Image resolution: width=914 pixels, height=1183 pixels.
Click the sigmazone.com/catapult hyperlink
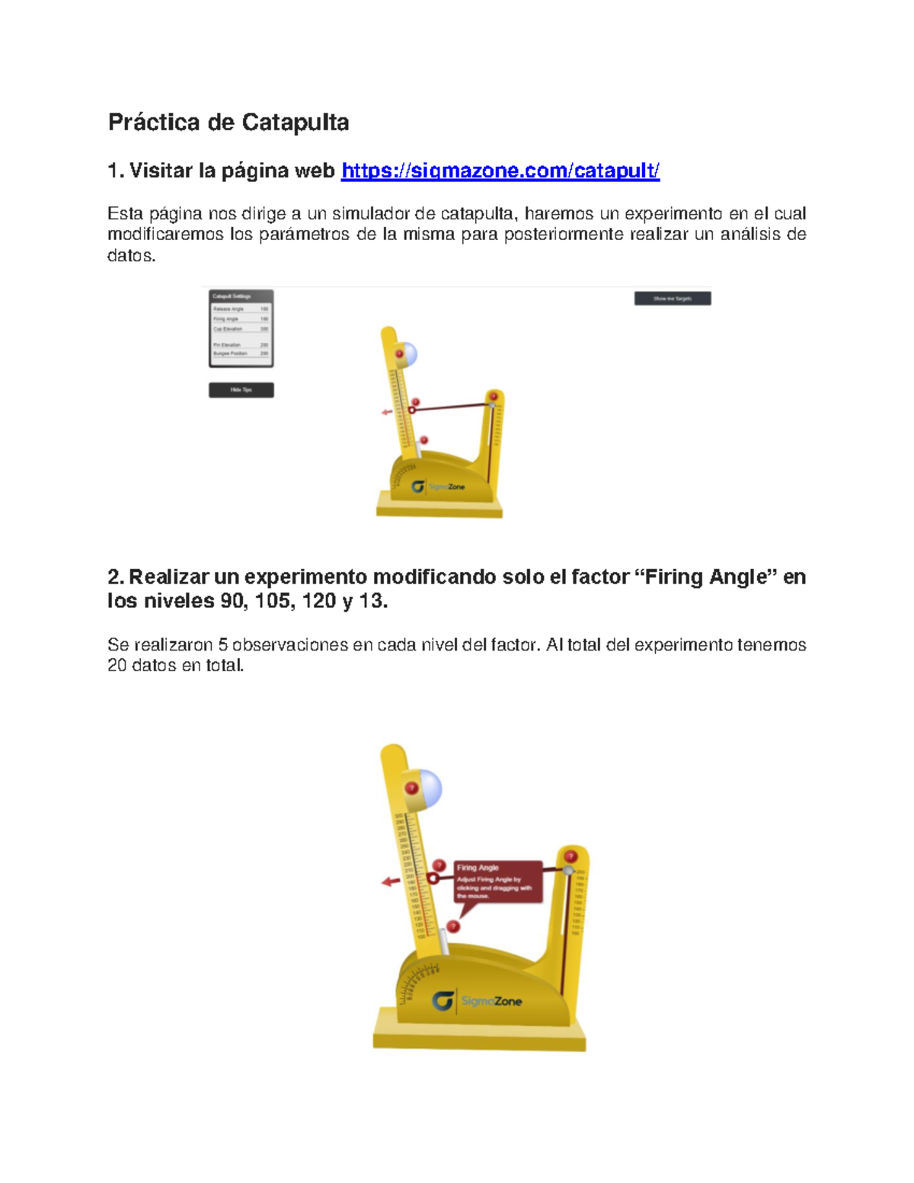point(500,171)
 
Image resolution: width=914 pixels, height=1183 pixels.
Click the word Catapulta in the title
point(295,122)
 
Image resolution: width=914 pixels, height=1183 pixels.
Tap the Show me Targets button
point(673,299)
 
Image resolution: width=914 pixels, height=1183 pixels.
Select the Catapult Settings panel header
point(241,296)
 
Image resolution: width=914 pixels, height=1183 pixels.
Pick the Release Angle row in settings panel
point(241,309)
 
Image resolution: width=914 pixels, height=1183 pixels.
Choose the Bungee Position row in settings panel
point(241,353)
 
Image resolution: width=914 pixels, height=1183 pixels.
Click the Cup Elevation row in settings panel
point(241,329)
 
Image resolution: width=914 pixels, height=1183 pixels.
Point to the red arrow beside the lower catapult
point(391,881)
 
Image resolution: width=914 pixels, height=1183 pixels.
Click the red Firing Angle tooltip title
point(478,868)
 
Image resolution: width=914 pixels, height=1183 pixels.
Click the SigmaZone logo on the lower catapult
point(477,1001)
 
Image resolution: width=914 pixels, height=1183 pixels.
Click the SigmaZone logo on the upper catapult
point(439,487)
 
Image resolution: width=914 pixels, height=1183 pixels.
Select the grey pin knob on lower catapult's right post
point(568,870)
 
